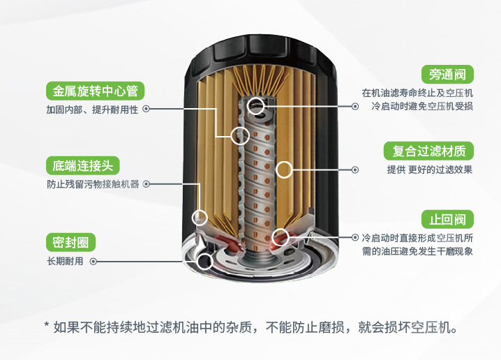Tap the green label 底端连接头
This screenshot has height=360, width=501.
(82, 165)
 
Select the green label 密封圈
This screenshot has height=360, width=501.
(70, 242)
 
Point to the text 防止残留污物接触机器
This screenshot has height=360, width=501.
(93, 184)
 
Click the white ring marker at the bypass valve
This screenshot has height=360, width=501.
(256, 107)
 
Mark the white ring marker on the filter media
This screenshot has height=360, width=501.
(283, 169)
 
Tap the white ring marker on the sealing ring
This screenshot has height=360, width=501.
(204, 262)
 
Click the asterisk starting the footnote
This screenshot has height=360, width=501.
(46, 324)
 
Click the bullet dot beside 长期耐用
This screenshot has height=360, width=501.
(93, 261)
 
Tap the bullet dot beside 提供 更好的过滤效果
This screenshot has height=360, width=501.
(355, 170)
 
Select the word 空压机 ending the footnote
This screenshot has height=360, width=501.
(435, 327)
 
